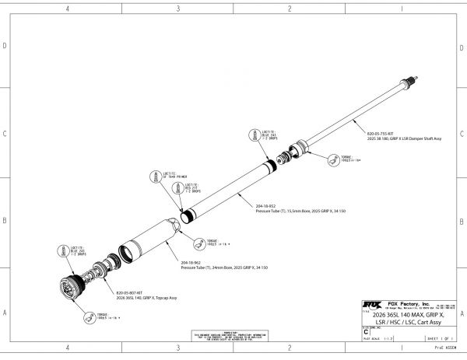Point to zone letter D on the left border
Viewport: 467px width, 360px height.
click(x=5, y=46)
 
